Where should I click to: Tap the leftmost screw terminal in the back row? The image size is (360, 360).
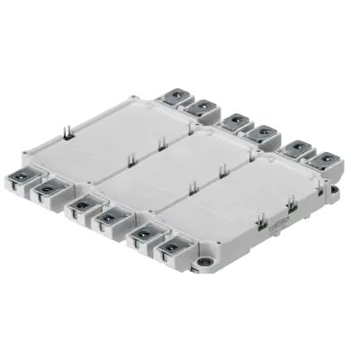[170, 95]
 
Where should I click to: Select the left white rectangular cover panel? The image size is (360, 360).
[118, 134]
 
